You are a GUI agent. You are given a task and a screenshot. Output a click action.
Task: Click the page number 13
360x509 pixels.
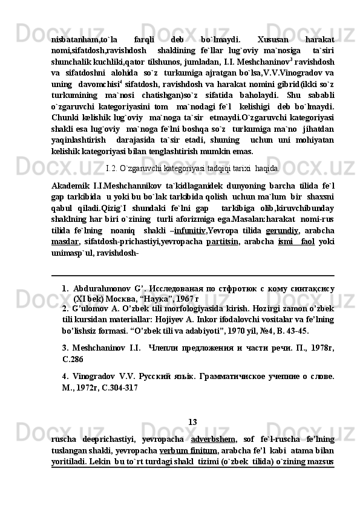pos(192,421)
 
